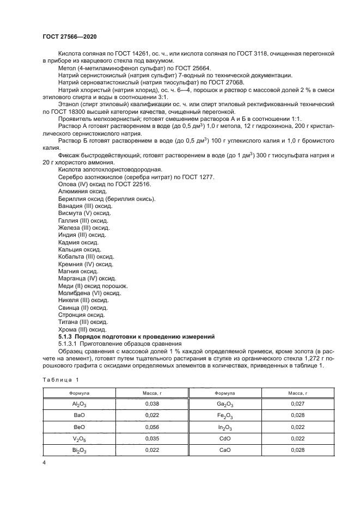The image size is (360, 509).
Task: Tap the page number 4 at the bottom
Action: (x=45, y=462)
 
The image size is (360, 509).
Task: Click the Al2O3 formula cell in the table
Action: (x=80, y=404)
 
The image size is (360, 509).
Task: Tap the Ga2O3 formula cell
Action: (x=224, y=404)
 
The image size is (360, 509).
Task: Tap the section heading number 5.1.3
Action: (x=66, y=336)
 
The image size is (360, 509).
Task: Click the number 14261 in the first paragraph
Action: (x=143, y=53)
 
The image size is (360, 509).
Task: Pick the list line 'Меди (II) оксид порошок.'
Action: (x=93, y=285)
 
